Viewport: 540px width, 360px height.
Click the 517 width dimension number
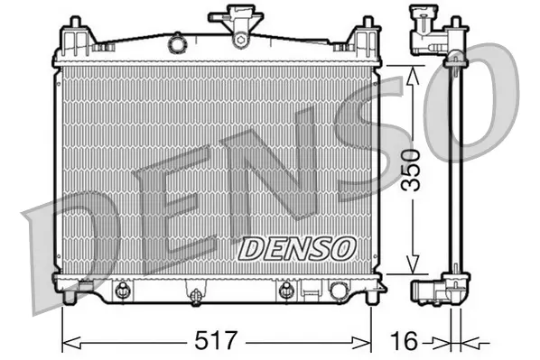pos(217,342)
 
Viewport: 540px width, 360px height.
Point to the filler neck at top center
pos(239,25)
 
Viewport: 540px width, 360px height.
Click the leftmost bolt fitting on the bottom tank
pos(121,291)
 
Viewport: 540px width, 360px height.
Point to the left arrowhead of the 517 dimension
pos(66,342)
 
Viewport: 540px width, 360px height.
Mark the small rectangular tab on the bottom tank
pos(310,291)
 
